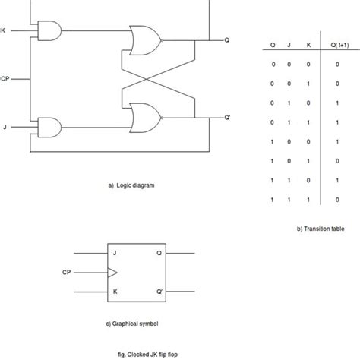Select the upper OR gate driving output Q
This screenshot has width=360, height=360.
142,39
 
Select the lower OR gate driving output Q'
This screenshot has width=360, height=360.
142,115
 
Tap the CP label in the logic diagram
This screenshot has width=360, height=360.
5,77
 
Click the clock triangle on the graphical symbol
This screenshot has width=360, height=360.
112,270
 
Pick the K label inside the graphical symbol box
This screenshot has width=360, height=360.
114,289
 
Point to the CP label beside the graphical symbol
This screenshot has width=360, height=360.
66,270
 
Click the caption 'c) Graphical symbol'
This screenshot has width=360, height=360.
133,322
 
